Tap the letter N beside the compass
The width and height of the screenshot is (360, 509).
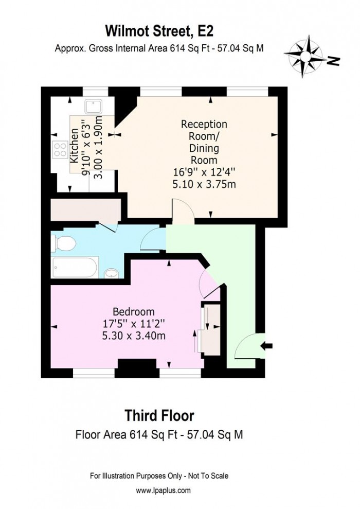click(x=334, y=61)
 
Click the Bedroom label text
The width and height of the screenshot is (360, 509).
click(x=134, y=312)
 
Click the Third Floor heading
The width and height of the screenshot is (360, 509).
click(x=160, y=415)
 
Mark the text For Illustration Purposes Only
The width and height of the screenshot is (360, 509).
click(x=134, y=476)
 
